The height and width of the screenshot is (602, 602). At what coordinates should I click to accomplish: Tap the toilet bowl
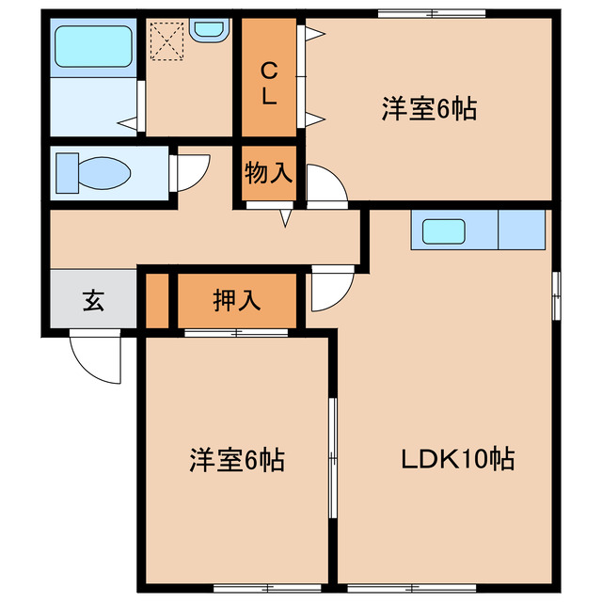tap(94, 172)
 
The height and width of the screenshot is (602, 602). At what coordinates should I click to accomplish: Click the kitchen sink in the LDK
tap(443, 230)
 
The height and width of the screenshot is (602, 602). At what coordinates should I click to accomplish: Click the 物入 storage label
tap(268, 172)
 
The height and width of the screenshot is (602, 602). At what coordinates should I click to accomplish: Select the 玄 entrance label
tap(92, 301)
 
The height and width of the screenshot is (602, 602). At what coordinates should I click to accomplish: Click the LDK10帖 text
tap(457, 460)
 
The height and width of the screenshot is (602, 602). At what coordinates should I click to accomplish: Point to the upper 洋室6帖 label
tap(428, 109)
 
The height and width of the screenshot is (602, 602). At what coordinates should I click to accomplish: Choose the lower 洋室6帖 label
tap(236, 460)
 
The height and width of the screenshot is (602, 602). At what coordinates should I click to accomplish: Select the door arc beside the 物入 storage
tap(325, 183)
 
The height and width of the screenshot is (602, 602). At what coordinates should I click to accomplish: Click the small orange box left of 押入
tap(157, 301)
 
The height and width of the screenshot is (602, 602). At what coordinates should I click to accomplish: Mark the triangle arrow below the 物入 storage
tap(286, 218)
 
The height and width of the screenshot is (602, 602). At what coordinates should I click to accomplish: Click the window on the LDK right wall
tap(557, 294)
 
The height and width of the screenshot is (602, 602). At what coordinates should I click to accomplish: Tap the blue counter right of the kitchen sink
tap(521, 230)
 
